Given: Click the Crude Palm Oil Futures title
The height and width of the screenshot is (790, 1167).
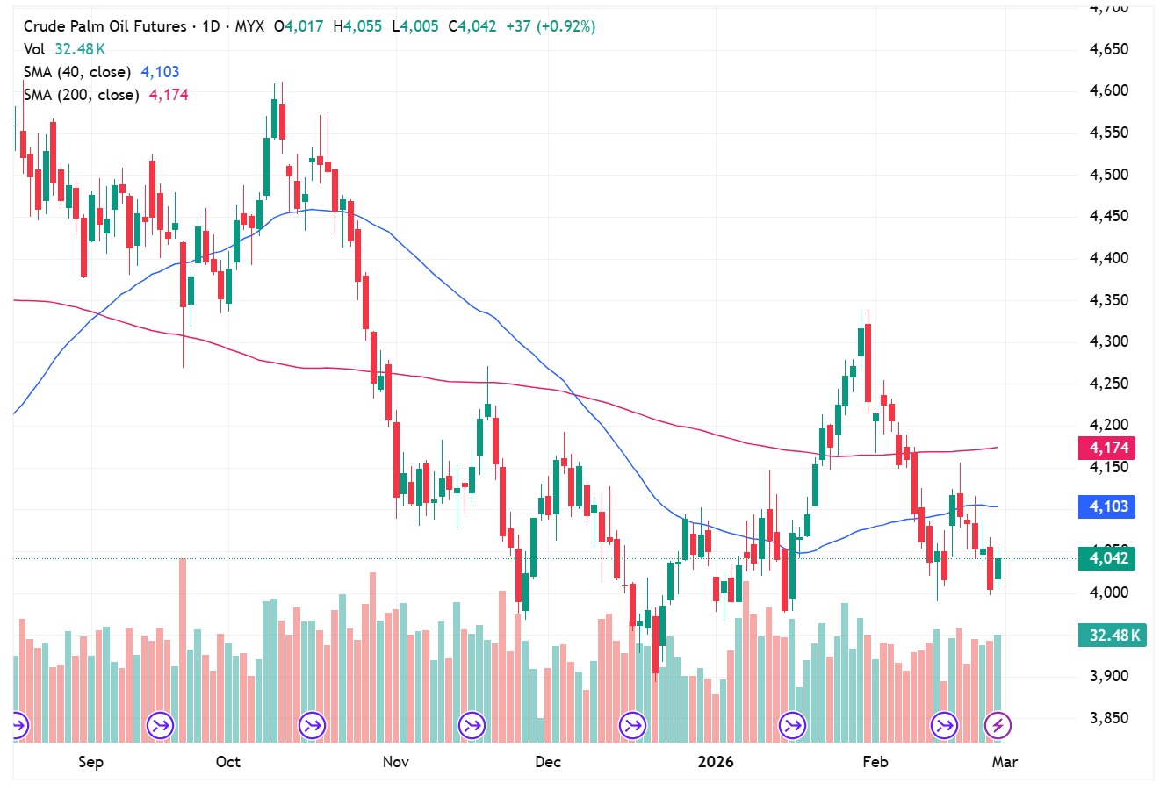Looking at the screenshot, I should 104,26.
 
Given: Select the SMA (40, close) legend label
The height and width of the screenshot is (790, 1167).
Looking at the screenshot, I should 77,72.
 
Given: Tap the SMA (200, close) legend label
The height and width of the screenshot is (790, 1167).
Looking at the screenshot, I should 81,95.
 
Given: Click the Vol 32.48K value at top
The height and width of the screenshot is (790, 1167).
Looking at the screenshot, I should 80,49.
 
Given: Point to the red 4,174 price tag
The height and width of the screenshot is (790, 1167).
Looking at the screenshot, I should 1108,448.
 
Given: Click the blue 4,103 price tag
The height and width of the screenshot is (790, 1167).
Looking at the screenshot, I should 1108,506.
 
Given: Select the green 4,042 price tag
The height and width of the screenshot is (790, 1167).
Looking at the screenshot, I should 1108,558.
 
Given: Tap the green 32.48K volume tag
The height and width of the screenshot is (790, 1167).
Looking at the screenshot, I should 1113,635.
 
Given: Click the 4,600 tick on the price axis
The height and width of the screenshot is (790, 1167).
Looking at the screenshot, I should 1108,90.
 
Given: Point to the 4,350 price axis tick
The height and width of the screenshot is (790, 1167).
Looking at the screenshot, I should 1108,300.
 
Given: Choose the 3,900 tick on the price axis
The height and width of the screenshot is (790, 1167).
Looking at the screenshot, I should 1108,676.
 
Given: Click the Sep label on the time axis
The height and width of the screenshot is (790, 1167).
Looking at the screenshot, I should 90,761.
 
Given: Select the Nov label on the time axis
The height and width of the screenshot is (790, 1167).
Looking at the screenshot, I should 396,761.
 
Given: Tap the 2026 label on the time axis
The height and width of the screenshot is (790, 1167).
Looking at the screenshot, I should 716,761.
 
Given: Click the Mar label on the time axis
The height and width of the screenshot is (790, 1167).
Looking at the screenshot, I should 1005,761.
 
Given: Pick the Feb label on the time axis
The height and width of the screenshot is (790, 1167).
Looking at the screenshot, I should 875,761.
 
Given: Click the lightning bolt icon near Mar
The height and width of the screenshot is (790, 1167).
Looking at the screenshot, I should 997,726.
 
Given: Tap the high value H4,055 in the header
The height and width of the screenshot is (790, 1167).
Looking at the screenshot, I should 357,26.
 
